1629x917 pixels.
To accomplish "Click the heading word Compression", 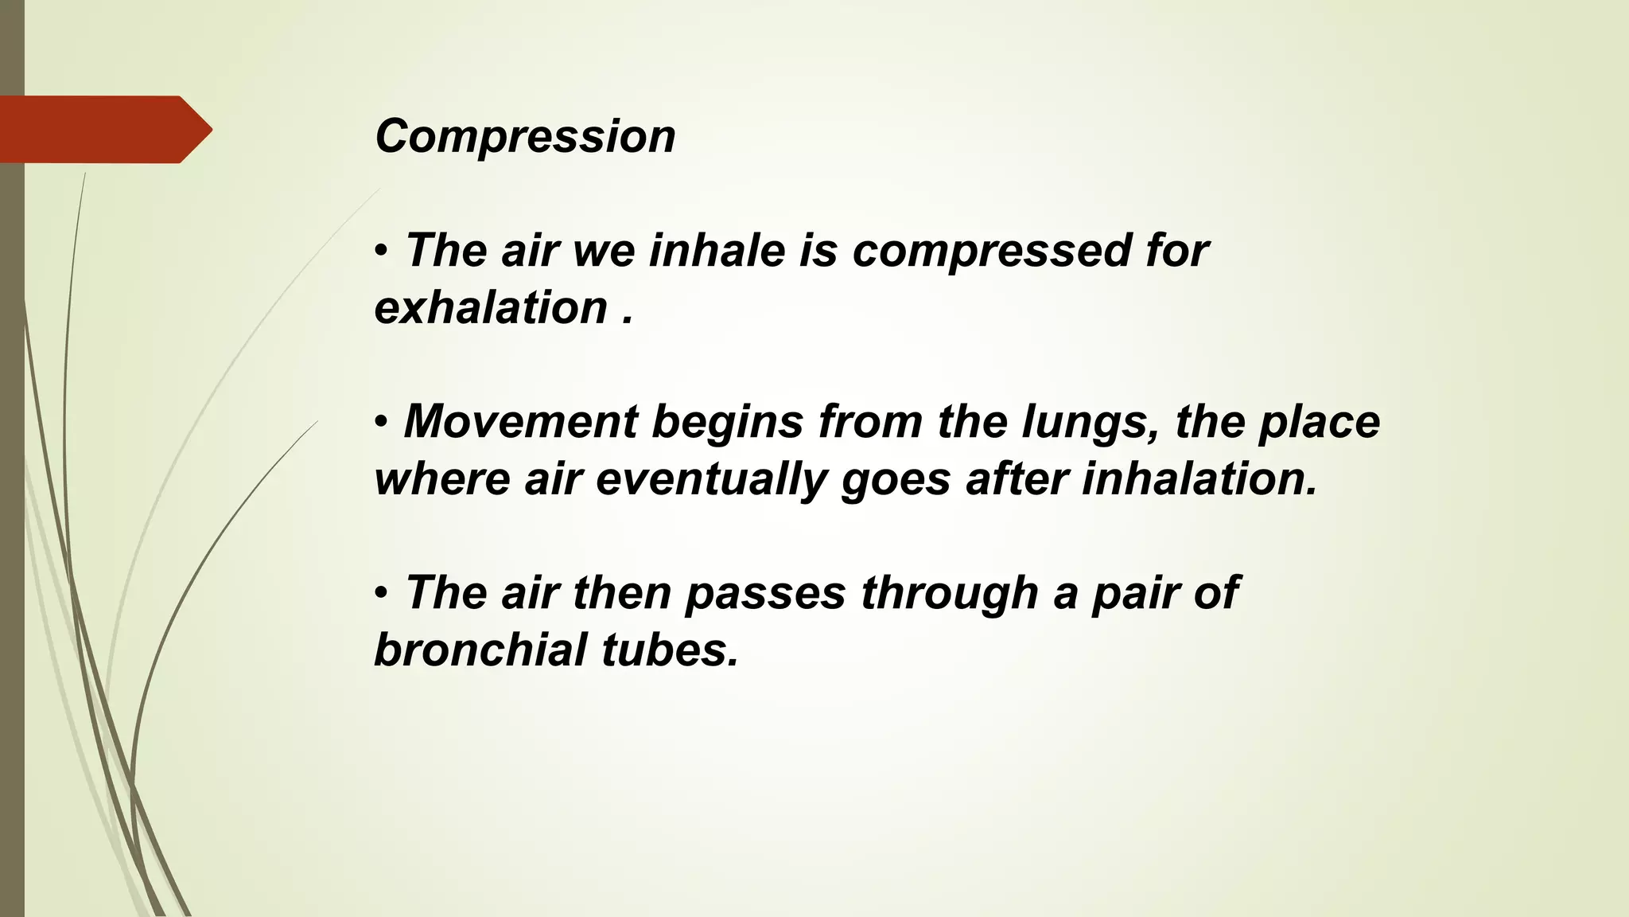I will coord(525,137).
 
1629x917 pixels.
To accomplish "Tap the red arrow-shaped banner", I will coord(103,130).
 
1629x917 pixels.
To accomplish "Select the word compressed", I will coord(991,252).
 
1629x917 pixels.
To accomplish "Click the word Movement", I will coord(520,421).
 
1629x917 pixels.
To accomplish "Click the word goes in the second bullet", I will coord(896,480).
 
